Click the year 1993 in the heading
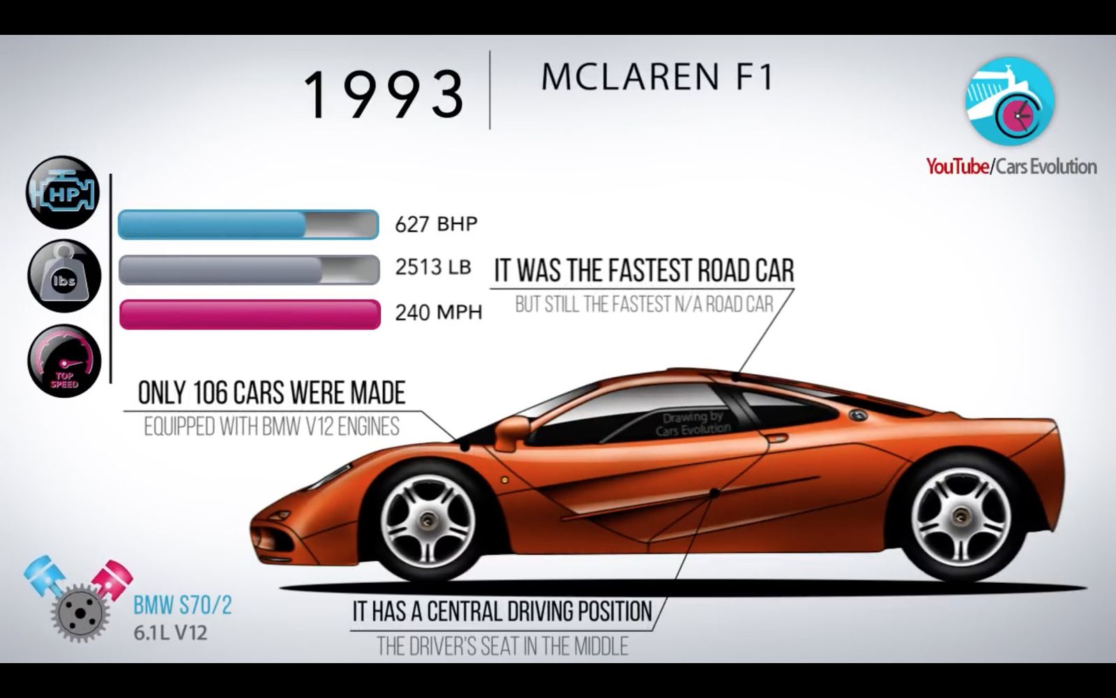[384, 94]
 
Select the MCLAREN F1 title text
[657, 77]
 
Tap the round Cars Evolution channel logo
[1010, 101]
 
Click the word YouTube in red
[958, 166]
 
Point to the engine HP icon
[63, 193]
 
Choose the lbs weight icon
[64, 276]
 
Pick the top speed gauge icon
[64, 360]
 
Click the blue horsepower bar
[248, 224]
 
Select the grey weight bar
[249, 269]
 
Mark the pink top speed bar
[250, 314]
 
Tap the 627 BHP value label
[437, 224]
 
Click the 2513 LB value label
[433, 267]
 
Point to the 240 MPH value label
[439, 313]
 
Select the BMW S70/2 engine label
[182, 606]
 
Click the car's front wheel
[428, 521]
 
